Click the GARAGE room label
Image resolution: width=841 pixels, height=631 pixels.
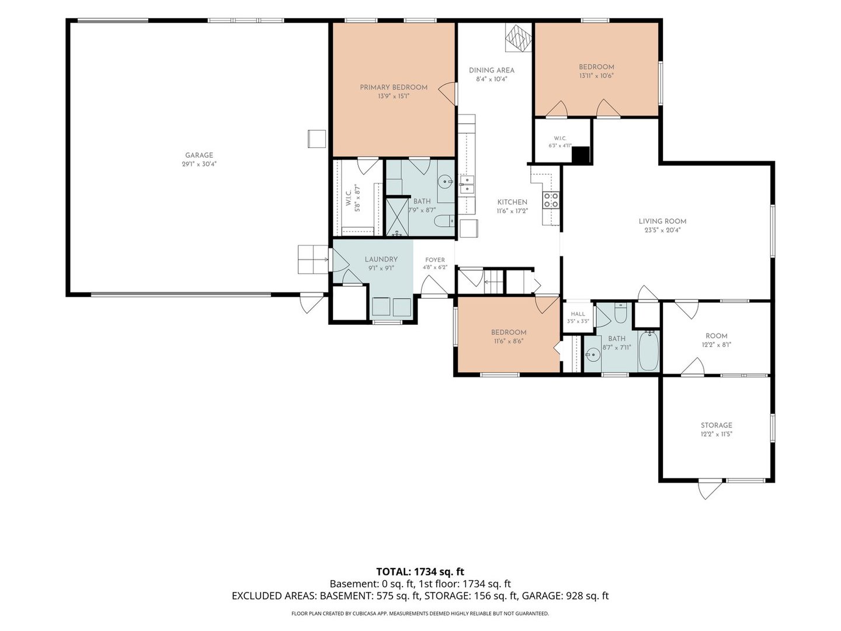coord(199,155)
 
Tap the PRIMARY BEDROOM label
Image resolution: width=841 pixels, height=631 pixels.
coord(394,88)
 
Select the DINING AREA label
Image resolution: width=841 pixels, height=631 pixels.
coord(492,71)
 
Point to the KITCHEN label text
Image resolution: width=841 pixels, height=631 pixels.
coord(512,202)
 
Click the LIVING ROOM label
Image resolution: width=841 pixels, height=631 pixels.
coord(662,221)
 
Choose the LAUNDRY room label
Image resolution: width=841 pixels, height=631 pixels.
coord(381,259)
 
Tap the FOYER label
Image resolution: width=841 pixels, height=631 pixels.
coord(435,260)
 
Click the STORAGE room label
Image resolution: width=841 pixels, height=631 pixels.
coord(717,425)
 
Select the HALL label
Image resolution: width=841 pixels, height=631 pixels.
coord(578,314)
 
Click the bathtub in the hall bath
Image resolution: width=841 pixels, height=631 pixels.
coord(648,351)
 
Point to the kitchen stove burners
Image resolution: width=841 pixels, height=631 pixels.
coord(551,200)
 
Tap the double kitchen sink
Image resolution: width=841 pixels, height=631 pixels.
coord(467,185)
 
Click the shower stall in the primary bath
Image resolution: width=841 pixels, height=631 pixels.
coord(397,217)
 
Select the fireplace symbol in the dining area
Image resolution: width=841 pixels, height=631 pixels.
coord(519,37)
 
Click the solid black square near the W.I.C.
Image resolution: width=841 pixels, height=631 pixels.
coord(581,155)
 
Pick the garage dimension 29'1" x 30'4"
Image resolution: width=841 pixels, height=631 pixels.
coord(199,164)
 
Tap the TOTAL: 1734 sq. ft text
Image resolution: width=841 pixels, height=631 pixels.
coord(420,571)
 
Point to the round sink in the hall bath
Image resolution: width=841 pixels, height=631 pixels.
coord(593,355)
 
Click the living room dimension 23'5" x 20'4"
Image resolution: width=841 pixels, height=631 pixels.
coord(662,230)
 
